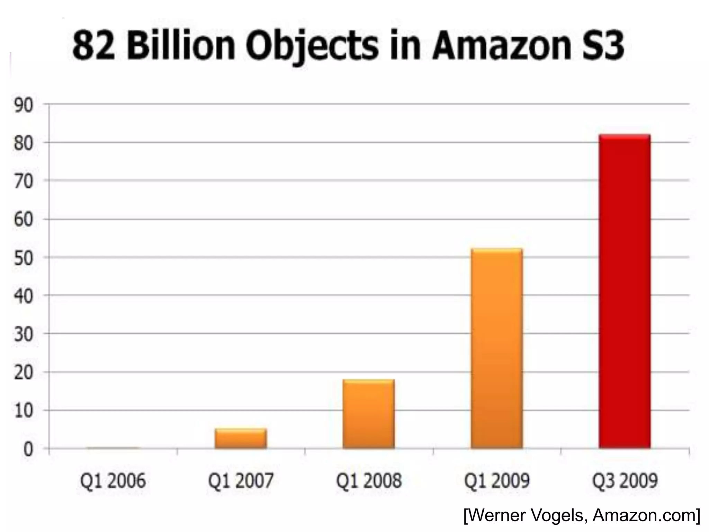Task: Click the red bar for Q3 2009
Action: [625, 291]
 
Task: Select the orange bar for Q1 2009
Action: [497, 348]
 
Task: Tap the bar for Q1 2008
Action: [369, 414]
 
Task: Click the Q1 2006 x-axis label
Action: [113, 481]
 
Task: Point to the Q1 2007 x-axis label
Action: [241, 481]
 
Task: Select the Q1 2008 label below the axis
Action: [369, 481]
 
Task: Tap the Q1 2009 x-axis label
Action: [497, 481]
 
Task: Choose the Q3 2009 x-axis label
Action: [625, 481]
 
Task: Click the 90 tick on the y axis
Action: [24, 105]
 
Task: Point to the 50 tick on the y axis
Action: [24, 258]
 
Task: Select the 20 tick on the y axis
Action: [24, 373]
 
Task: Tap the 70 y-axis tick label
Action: [24, 181]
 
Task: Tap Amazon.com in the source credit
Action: [644, 516]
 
